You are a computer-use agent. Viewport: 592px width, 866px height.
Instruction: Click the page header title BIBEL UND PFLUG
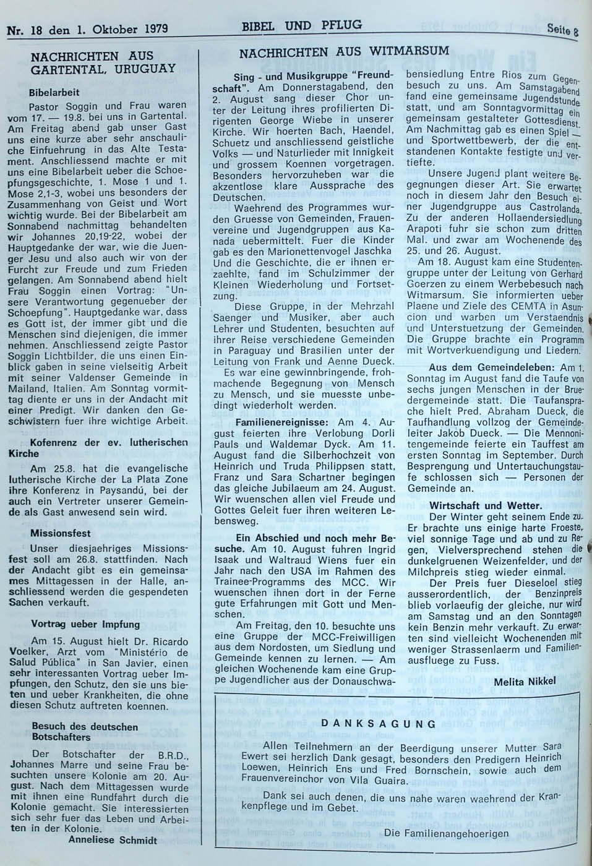click(x=302, y=25)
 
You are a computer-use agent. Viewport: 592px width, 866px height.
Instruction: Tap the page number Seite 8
click(x=562, y=30)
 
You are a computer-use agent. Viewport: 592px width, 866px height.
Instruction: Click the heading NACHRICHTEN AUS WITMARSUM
click(x=343, y=52)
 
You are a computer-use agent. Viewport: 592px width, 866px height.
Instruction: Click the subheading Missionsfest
click(x=61, y=533)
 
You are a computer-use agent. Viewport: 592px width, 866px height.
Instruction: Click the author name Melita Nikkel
click(x=526, y=680)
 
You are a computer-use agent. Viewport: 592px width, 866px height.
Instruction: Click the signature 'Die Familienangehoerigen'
click(x=446, y=833)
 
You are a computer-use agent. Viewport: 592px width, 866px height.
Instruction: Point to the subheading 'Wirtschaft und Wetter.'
click(x=486, y=504)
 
